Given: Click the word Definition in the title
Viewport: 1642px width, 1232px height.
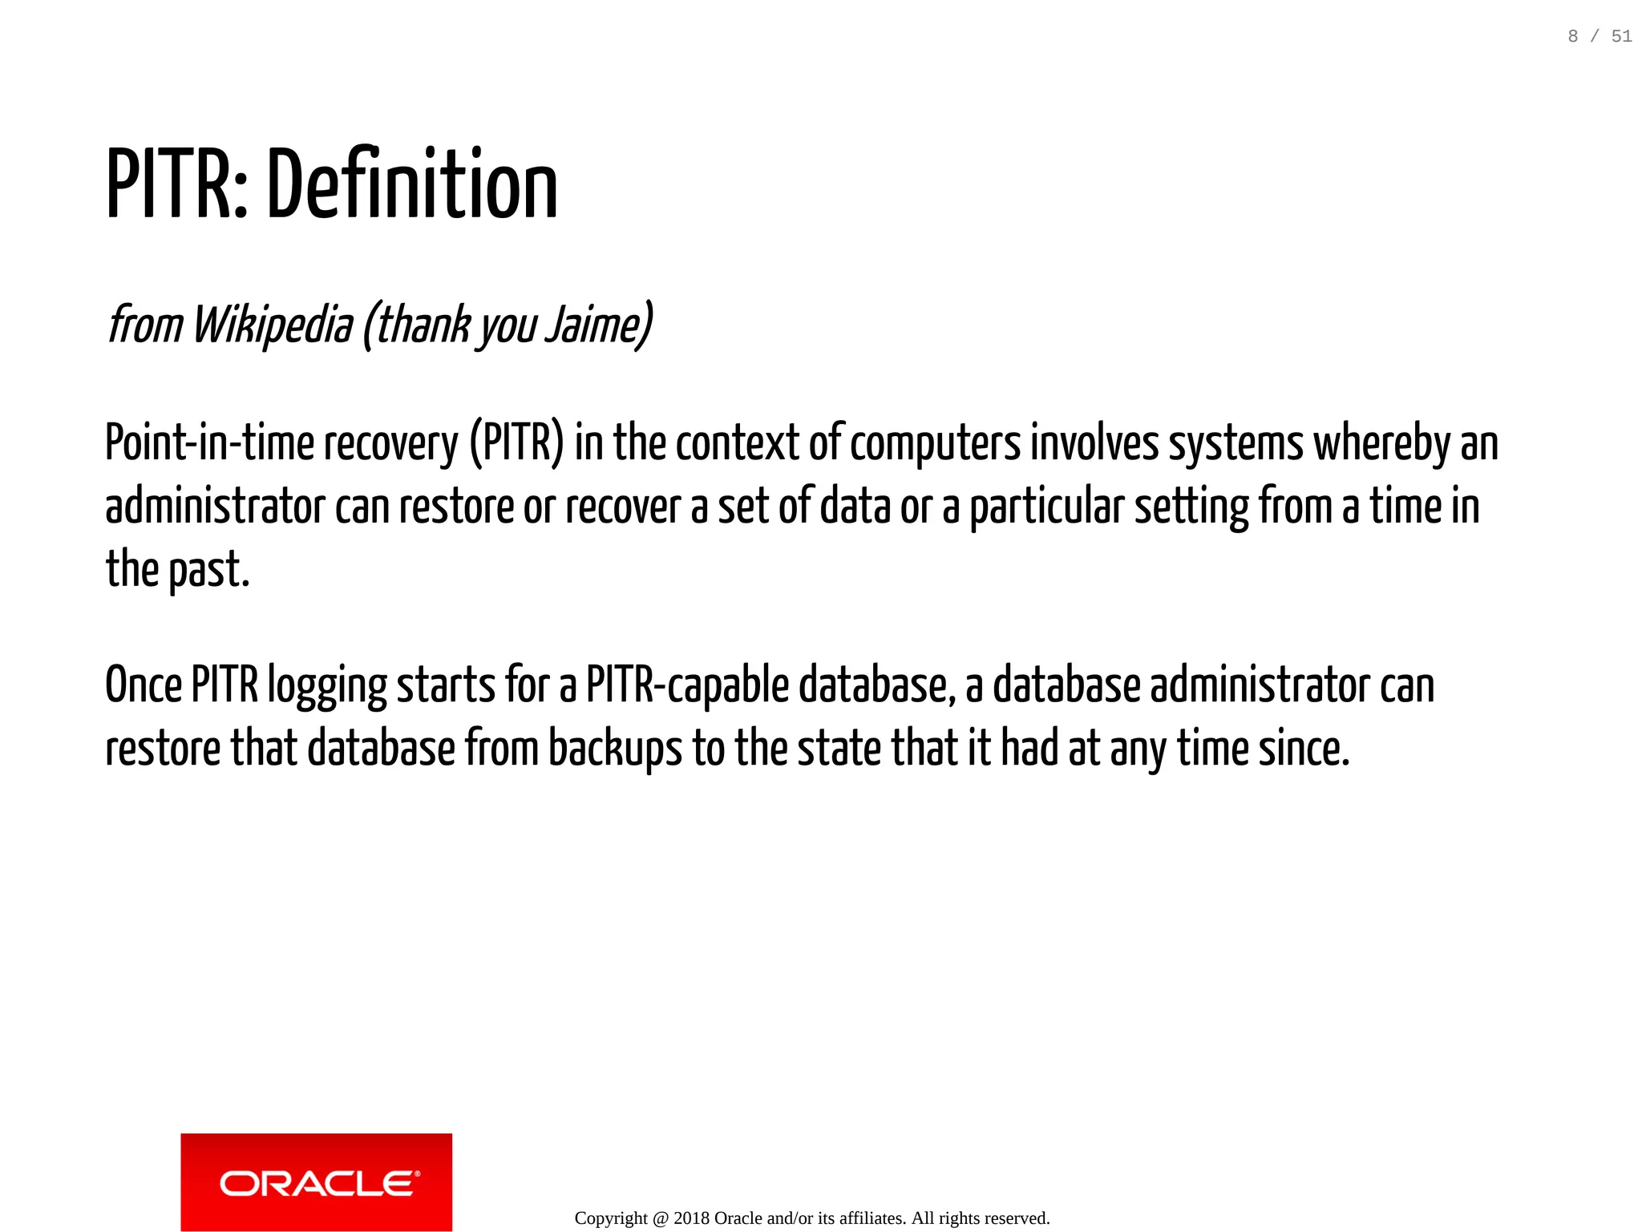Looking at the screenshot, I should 411,186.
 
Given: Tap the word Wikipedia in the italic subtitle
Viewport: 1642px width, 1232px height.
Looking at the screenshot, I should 272,325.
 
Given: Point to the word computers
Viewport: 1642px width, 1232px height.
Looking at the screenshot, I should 935,443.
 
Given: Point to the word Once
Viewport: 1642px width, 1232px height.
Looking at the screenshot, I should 144,686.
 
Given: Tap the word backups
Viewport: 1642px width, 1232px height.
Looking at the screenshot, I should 615,749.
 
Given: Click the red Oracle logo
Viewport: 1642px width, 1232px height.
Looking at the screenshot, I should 316,1182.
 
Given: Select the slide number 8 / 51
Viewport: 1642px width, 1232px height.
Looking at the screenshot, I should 1599,36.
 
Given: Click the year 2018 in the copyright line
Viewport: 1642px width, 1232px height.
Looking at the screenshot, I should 691,1218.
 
